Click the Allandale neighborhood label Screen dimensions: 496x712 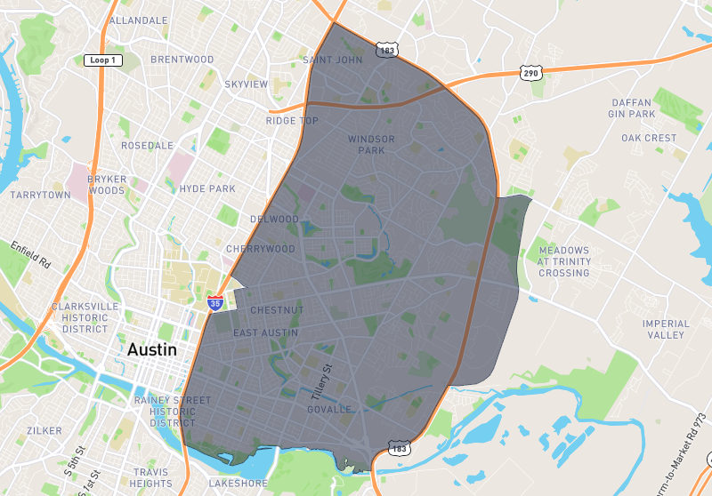[138, 20]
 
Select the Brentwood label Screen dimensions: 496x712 [182, 60]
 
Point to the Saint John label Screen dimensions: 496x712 [333, 60]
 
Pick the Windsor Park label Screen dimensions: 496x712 [371, 145]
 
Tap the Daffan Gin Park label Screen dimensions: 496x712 [631, 108]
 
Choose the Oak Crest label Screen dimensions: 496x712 [649, 139]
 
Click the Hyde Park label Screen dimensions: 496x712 [207, 188]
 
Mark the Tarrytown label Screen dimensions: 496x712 [40, 195]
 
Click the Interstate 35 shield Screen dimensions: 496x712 [215, 303]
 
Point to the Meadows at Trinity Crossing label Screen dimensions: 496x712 [563, 261]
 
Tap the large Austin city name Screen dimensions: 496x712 [152, 349]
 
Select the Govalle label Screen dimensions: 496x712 [328, 410]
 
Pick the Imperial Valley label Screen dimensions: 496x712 [666, 329]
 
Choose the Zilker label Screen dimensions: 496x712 [44, 430]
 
